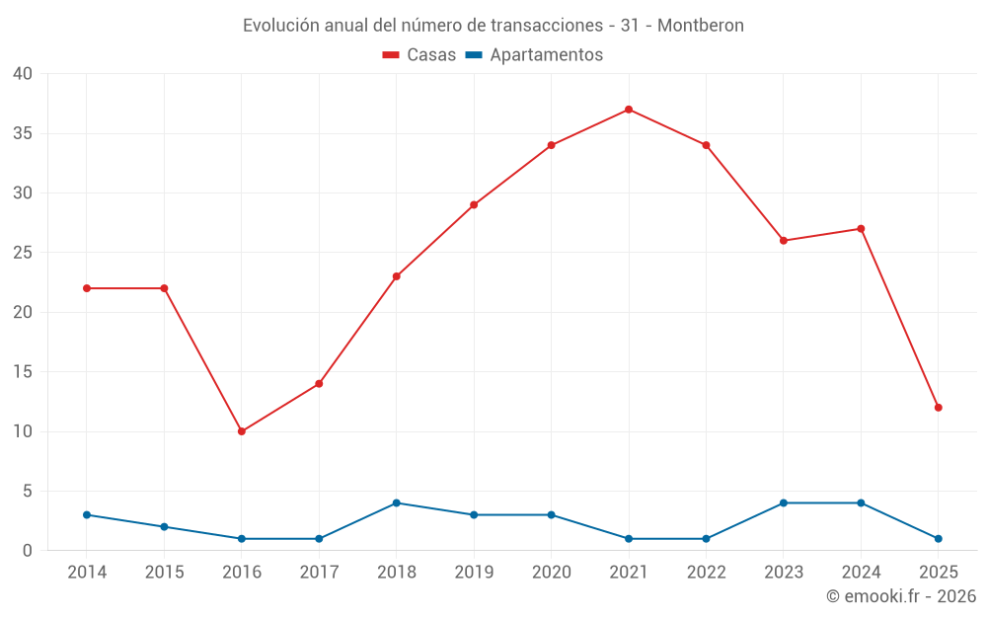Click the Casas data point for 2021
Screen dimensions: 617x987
629,110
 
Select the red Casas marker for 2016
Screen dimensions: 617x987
242,431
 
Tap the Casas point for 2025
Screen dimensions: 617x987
938,408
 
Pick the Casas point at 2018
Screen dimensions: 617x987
397,276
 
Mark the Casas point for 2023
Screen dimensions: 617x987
784,241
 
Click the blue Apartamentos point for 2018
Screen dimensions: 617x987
397,503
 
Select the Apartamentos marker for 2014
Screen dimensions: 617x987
87,515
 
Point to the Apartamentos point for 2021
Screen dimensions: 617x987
629,539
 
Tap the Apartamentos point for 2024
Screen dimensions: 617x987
861,503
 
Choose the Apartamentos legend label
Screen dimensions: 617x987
546,55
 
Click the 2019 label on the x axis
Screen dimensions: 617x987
474,573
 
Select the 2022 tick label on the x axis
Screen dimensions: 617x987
706,573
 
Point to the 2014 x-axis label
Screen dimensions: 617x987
87,573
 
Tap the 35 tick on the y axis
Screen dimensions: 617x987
22,133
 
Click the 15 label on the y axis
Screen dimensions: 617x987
22,372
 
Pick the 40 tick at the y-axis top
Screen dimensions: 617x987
22,74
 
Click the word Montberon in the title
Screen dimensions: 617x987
701,25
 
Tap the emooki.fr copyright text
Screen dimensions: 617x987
901,596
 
